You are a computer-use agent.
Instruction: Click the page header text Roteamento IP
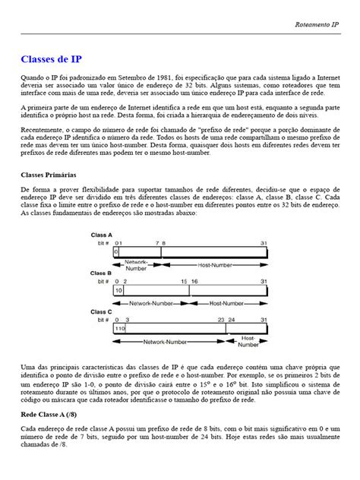point(317,25)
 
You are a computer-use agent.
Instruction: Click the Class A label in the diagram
point(103,235)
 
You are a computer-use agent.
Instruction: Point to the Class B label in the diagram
point(103,273)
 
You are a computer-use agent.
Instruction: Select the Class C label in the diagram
point(103,312)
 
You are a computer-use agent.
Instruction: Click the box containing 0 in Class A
point(116,251)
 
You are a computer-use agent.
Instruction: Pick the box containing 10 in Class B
point(118,290)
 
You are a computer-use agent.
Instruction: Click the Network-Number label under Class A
point(137,265)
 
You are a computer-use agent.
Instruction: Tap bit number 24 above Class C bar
point(234,320)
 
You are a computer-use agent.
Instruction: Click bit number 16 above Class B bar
point(194,281)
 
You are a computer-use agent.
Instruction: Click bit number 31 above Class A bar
point(264,243)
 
